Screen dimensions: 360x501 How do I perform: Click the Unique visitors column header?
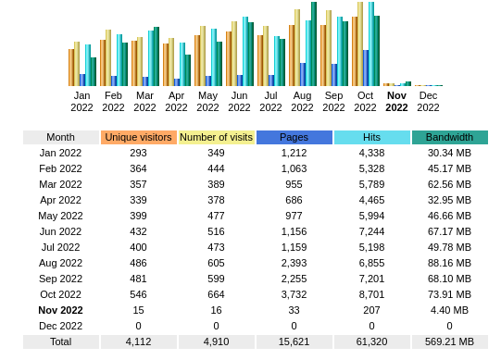click(138, 137)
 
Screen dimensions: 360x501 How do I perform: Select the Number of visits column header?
click(216, 137)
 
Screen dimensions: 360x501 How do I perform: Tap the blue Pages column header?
click(294, 137)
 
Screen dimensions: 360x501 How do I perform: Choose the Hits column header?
click(371, 137)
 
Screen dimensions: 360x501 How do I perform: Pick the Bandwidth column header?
click(449, 137)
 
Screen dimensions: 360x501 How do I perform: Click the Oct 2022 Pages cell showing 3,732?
click(294, 294)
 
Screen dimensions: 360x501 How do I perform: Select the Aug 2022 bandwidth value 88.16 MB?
click(449, 263)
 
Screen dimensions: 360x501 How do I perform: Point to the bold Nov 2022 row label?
click(60, 310)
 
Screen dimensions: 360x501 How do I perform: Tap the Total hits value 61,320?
click(371, 341)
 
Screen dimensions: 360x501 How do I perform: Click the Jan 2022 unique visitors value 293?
click(138, 153)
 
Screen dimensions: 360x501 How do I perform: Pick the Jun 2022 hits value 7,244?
click(371, 231)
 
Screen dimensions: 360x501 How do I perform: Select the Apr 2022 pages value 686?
click(294, 200)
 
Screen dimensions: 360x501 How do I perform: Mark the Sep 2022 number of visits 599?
click(216, 279)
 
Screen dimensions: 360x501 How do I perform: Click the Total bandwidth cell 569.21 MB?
click(449, 341)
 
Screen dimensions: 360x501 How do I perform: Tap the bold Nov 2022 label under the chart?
click(396, 101)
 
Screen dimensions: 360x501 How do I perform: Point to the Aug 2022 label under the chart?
click(302, 101)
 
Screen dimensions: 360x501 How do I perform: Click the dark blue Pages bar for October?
click(366, 68)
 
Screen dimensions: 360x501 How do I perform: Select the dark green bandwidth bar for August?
click(314, 44)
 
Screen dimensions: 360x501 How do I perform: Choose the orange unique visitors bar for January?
click(70, 68)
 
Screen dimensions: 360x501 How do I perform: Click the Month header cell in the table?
click(60, 137)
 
